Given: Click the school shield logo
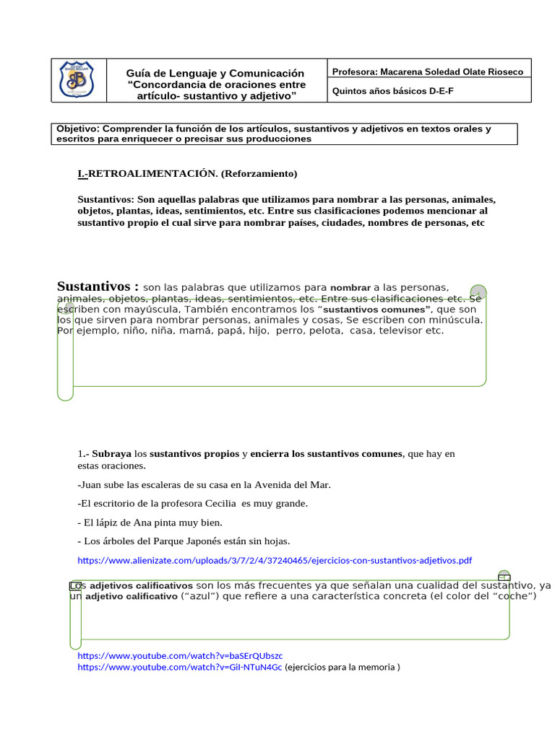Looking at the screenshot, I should pyautogui.click(x=76, y=79).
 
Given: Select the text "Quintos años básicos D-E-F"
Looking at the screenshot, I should pyautogui.click(x=393, y=91).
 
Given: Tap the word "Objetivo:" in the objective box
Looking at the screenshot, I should pyautogui.click(x=78, y=129).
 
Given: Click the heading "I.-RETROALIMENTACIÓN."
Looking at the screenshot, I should pyautogui.click(x=147, y=174).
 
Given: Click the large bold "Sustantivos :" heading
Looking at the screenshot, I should pyautogui.click(x=98, y=287).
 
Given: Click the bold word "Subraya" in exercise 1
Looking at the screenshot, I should pyautogui.click(x=111, y=455).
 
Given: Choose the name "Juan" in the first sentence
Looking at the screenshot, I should pyautogui.click(x=93, y=485).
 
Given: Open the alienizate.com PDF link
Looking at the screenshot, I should pyautogui.click(x=275, y=560).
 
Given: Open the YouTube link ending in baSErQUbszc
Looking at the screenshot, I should pyautogui.click(x=180, y=655).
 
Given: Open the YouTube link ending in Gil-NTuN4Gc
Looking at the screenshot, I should pyautogui.click(x=180, y=668).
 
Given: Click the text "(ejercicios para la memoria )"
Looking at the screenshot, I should pyautogui.click(x=343, y=668).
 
